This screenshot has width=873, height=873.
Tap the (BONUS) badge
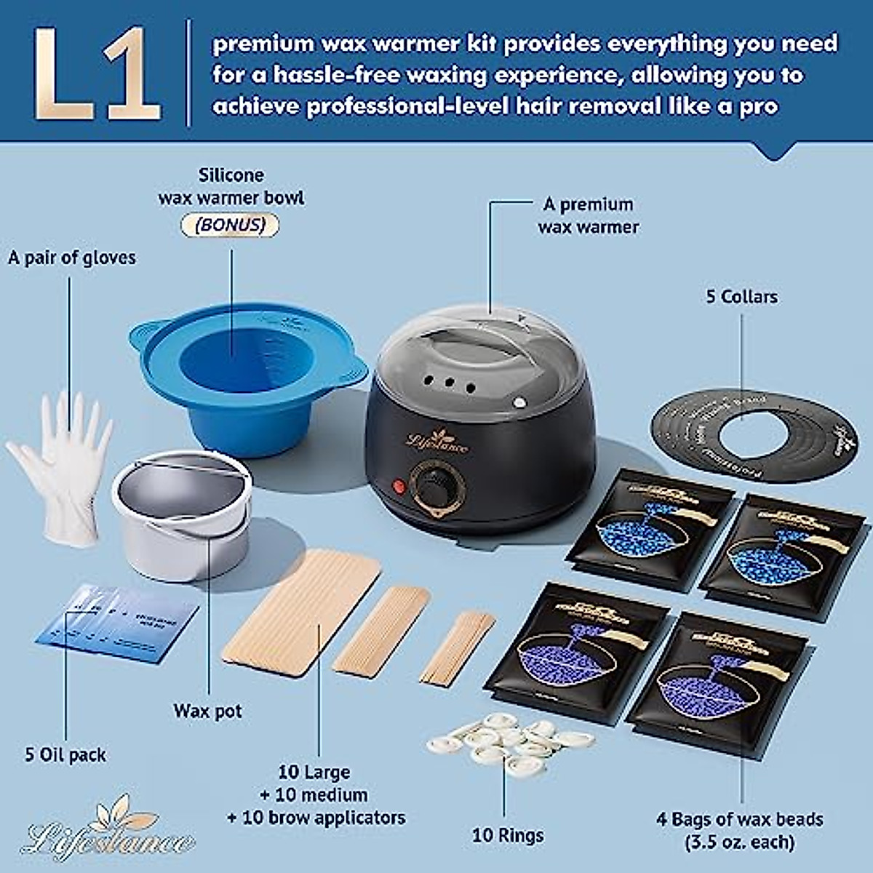tap(230, 225)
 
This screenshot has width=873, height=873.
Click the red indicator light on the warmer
tap(399, 486)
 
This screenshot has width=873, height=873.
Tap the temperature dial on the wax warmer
tap(435, 482)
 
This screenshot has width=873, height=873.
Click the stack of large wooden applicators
tap(302, 611)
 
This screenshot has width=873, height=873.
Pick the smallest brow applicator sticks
tap(458, 647)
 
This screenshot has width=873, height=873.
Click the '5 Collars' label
tap(741, 297)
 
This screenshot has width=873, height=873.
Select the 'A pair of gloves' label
tap(71, 258)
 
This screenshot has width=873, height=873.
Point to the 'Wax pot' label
tap(207, 711)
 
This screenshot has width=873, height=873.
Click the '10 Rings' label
tap(507, 835)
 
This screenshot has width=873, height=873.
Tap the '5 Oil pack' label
tap(65, 754)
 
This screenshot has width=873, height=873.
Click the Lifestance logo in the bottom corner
tap(109, 833)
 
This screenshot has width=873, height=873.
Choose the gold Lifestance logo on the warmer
tap(437, 439)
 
